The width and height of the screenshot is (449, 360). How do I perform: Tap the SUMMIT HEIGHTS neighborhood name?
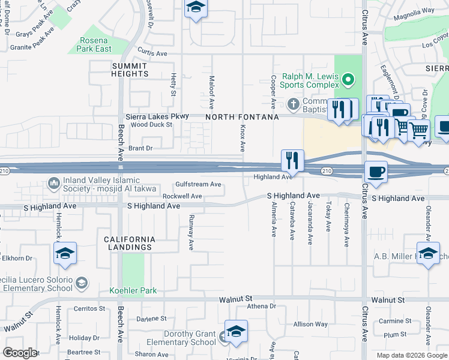[x=130, y=70]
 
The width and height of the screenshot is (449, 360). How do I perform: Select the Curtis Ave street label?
[x=152, y=53]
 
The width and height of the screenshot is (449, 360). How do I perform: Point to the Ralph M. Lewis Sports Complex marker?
[x=347, y=79]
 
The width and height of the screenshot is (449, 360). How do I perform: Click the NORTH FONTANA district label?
[x=243, y=118]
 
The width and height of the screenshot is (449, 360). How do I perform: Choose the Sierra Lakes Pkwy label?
[x=157, y=116]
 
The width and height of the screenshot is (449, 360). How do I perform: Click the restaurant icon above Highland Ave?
[x=292, y=160]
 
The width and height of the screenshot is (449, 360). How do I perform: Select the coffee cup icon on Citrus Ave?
[x=376, y=172]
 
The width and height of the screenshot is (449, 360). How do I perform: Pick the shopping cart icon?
[x=418, y=129]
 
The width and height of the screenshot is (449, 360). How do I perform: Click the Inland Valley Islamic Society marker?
[x=53, y=181]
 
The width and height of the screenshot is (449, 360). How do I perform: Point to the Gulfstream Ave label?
[x=199, y=185]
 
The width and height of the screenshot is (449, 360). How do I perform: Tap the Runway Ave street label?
[x=191, y=232]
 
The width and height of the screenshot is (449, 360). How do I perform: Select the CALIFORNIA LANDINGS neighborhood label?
[x=130, y=243]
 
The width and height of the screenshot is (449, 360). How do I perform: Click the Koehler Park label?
[x=133, y=291]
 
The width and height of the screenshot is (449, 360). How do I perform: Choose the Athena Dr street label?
[x=261, y=306]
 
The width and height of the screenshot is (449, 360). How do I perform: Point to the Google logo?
[x=20, y=353]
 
